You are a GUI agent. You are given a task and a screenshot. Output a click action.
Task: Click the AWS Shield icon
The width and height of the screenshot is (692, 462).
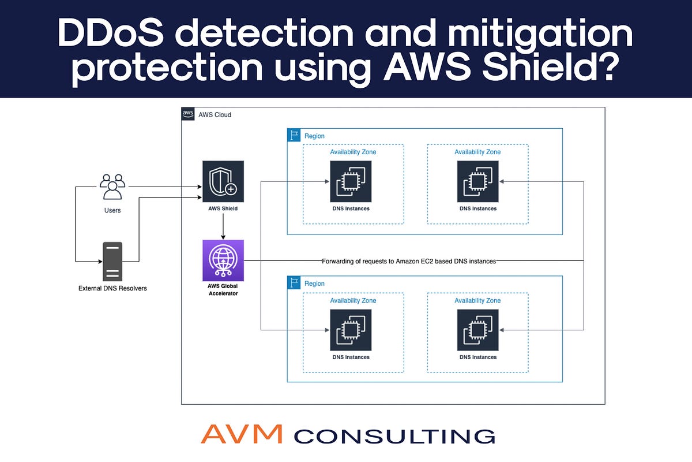pyautogui.click(x=223, y=181)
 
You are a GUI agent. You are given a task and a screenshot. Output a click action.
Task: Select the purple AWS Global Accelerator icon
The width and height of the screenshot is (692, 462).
pyautogui.click(x=223, y=260)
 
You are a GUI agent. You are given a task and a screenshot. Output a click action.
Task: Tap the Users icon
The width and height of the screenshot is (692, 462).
pyautogui.click(x=112, y=187)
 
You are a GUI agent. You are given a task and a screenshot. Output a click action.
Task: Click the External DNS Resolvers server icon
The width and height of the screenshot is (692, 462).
pyautogui.click(x=112, y=260)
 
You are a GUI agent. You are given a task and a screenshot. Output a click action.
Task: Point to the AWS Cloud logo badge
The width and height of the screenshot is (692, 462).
pyautogui.click(x=188, y=114)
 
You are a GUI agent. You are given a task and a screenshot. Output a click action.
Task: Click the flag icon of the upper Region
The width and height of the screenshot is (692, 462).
pyautogui.click(x=294, y=136)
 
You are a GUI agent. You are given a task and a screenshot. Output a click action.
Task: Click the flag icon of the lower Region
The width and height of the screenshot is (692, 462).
pyautogui.click(x=294, y=283)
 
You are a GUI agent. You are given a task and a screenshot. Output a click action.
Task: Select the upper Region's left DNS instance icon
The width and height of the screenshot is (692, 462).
pyautogui.click(x=351, y=181)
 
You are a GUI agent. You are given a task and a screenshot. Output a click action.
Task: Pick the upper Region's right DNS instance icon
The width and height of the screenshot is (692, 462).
pyautogui.click(x=477, y=181)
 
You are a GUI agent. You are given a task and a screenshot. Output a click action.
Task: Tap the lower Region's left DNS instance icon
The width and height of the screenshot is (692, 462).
pyautogui.click(x=351, y=330)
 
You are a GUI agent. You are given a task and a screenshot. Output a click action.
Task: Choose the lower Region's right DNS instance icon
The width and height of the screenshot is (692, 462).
pyautogui.click(x=477, y=330)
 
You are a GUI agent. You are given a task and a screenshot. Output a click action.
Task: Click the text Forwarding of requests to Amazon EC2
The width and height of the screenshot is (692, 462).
pyautogui.click(x=408, y=261)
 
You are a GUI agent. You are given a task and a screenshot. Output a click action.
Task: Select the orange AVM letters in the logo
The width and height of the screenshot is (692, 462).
pyautogui.click(x=242, y=434)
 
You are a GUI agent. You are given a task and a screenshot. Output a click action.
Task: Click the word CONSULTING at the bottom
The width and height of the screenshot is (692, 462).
pyautogui.click(x=394, y=435)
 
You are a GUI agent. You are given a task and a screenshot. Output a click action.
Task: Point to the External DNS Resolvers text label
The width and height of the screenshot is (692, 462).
pyautogui.click(x=112, y=288)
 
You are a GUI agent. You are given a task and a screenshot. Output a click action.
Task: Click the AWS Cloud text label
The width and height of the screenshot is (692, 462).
pyautogui.click(x=215, y=115)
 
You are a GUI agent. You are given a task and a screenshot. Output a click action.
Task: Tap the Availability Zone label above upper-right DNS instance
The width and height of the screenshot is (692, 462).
pyautogui.click(x=477, y=152)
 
